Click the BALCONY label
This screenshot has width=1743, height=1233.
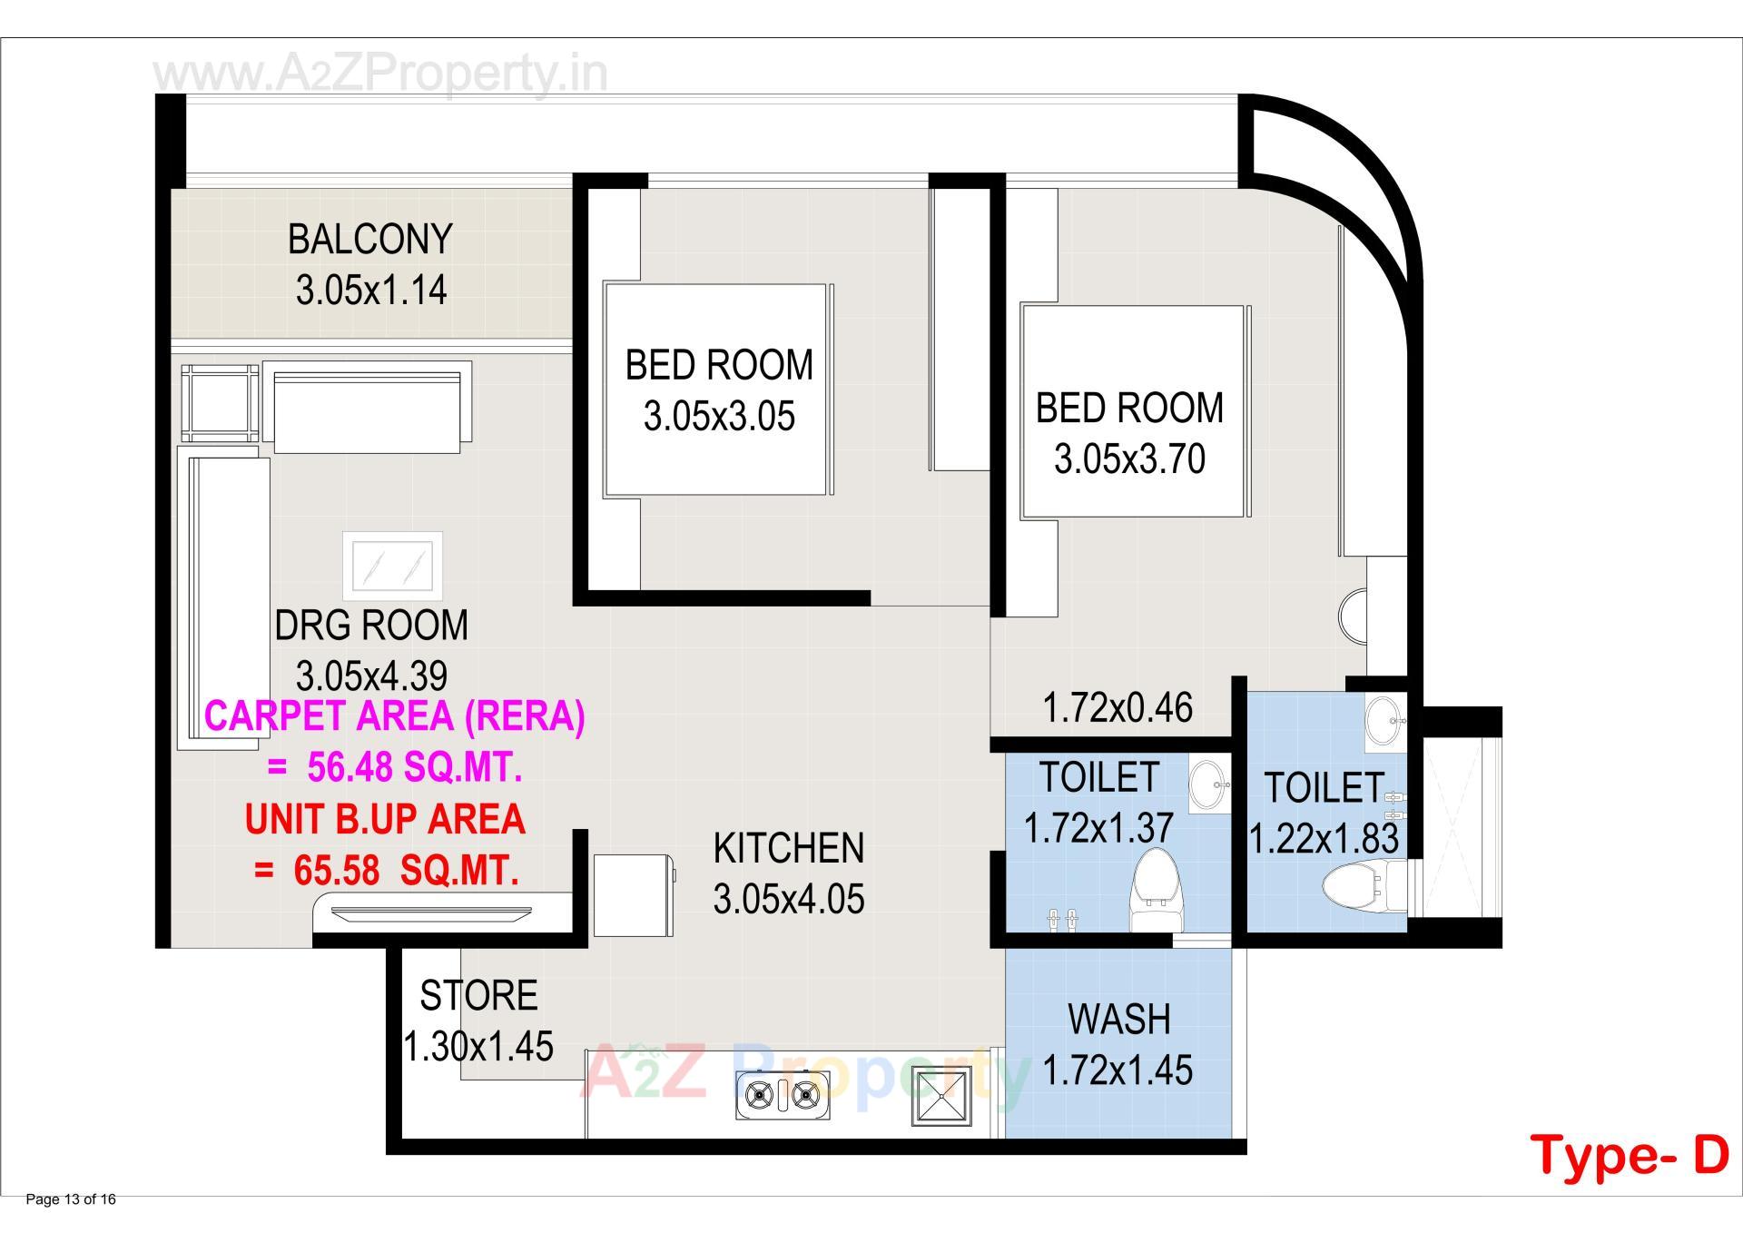[370, 240]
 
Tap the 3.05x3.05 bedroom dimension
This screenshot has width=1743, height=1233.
[719, 417]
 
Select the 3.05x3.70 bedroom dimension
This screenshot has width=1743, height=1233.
[1129, 459]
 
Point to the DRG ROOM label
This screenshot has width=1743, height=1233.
[371, 626]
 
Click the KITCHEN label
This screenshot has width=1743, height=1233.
[789, 849]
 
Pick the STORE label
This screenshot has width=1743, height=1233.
[478, 996]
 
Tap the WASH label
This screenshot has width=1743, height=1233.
[1118, 1020]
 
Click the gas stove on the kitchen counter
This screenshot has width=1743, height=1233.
[782, 1096]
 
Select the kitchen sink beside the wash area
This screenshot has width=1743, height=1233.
[941, 1096]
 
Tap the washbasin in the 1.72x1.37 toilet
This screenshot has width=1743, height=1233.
[1207, 784]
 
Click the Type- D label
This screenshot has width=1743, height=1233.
[1630, 1155]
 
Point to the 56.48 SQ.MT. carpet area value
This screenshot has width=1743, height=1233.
[414, 768]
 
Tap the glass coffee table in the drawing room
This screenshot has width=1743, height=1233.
[392, 567]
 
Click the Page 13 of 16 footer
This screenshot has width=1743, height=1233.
[71, 1200]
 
